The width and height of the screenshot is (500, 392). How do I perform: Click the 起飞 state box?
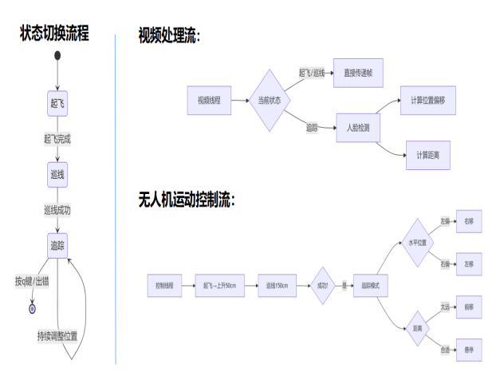pyautogui.click(x=57, y=105)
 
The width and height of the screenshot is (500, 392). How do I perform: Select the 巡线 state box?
pyautogui.click(x=57, y=174)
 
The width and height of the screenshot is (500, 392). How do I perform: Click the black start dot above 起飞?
pyautogui.click(x=57, y=55)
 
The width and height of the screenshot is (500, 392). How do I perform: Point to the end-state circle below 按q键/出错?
pyautogui.click(x=33, y=308)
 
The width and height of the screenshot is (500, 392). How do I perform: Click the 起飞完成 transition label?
pyautogui.click(x=57, y=139)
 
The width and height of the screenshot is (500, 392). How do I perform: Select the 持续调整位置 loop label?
pyautogui.click(x=57, y=335)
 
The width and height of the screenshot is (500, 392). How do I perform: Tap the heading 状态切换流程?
pyautogui.click(x=55, y=34)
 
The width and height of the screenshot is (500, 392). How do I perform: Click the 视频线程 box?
pyautogui.click(x=209, y=100)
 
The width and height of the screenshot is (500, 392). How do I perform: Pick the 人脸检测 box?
pyautogui.click(x=358, y=128)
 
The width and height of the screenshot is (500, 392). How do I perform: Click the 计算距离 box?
pyautogui.click(x=428, y=155)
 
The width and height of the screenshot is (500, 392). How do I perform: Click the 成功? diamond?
pyautogui.click(x=322, y=285)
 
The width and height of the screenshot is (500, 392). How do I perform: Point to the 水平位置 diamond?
pyautogui.click(x=418, y=243)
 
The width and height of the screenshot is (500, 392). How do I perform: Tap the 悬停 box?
pyautogui.click(x=468, y=349)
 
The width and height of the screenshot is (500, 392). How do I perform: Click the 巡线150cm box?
pyautogui.click(x=277, y=285)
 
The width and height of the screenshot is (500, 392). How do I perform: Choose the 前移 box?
pyautogui.click(x=468, y=307)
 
